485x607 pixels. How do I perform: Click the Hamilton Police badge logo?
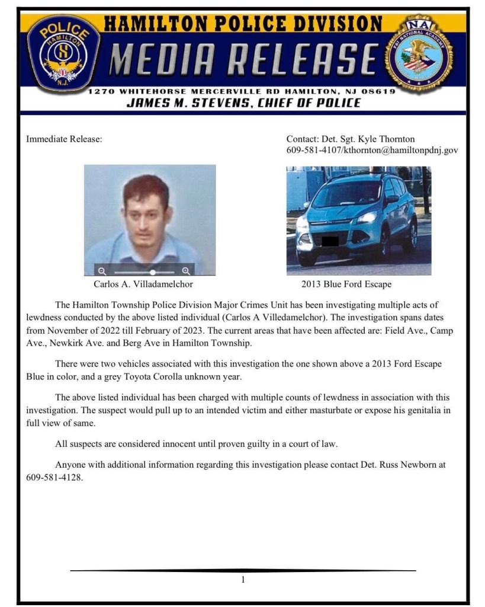pos(63,54)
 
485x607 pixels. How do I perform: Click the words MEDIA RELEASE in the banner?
pos(244,59)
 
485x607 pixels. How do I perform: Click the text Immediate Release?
pos(65,139)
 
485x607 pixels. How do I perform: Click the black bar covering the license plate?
pos(329,241)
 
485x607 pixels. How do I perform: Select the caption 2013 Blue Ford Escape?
pos(346,284)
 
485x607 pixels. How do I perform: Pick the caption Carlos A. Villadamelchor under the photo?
pos(143,284)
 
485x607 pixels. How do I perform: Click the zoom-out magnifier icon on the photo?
pos(102,271)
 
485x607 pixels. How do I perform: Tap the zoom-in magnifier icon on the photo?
pos(186,271)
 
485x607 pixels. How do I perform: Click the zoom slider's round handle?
pos(153,271)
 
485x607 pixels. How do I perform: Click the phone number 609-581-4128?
pos(54,477)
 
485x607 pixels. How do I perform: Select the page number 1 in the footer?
pos(243,580)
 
